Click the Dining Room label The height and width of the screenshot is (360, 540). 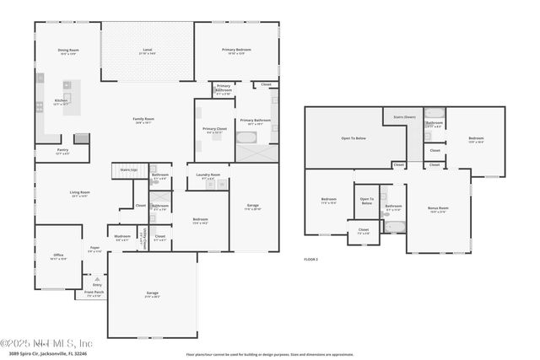68,51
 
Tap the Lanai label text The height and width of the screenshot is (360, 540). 147,51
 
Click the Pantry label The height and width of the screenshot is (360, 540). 62,153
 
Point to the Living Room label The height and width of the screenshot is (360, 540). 80,194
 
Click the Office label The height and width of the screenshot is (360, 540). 58,255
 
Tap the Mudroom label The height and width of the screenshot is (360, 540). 121,238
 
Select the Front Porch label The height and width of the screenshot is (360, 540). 94,294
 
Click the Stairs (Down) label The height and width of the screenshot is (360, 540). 404,117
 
